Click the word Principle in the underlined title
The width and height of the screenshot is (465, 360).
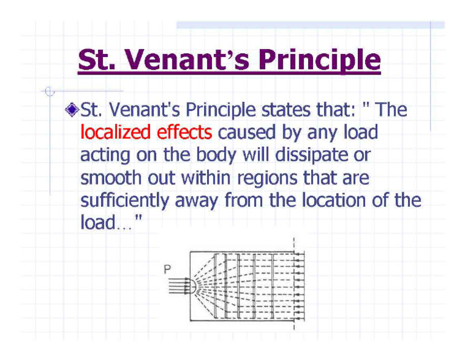319,61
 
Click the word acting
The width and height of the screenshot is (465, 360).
103,155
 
